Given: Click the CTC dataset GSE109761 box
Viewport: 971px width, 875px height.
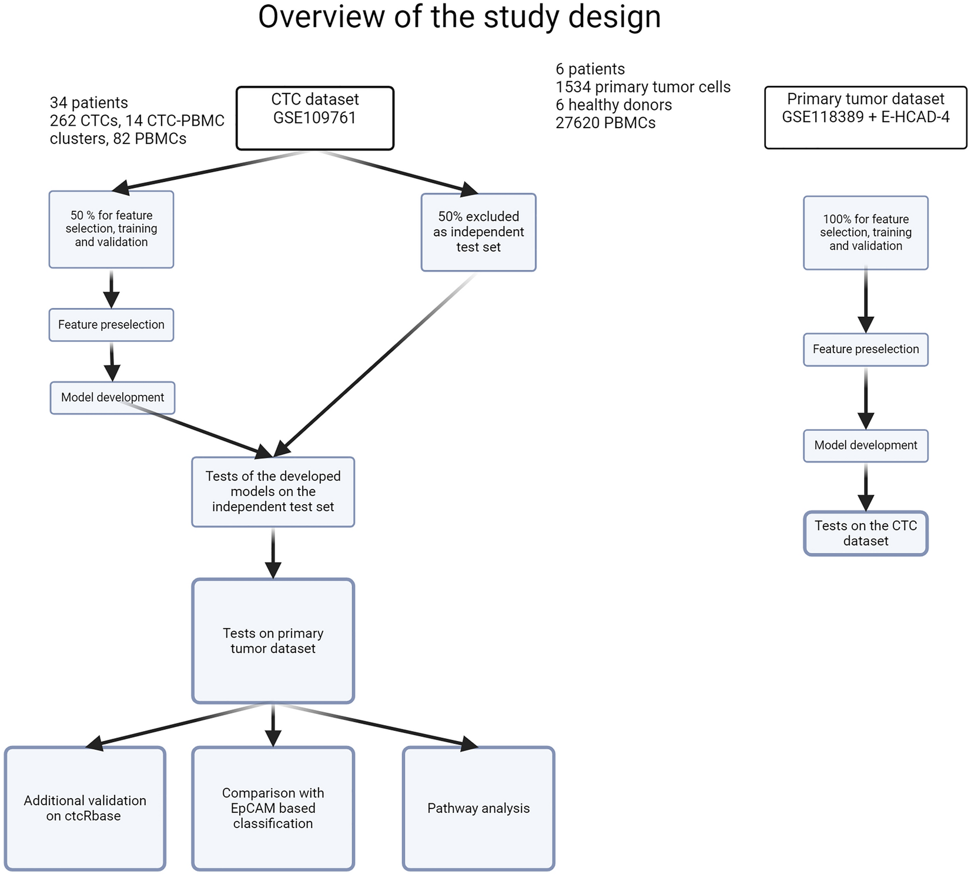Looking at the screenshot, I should pyautogui.click(x=314, y=118).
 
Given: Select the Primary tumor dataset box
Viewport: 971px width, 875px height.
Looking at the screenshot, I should pyautogui.click(x=865, y=118).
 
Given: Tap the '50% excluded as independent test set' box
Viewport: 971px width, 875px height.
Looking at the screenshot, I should pyautogui.click(x=478, y=232).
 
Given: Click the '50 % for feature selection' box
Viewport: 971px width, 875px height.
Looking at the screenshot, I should pyautogui.click(x=111, y=229).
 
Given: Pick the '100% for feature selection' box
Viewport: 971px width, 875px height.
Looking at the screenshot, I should pyautogui.click(x=865, y=233).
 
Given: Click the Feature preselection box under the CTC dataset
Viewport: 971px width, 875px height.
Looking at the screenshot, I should pyautogui.click(x=111, y=325).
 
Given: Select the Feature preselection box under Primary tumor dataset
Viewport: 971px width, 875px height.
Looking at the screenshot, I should pyautogui.click(x=865, y=350).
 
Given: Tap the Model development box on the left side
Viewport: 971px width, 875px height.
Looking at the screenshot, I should pyautogui.click(x=112, y=398).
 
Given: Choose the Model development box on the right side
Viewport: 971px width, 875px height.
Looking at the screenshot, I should pyautogui.click(x=865, y=445).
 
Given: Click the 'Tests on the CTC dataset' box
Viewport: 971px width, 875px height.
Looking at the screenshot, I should pyautogui.click(x=865, y=533).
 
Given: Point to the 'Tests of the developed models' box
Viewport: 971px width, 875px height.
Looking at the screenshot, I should pyautogui.click(x=273, y=492).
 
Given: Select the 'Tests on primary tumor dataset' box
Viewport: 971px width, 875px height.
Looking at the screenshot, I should pyautogui.click(x=273, y=641).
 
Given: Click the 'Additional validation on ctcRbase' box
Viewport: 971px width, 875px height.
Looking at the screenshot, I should pyautogui.click(x=85, y=808).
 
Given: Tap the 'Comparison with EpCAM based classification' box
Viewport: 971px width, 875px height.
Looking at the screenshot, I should pyautogui.click(x=273, y=808).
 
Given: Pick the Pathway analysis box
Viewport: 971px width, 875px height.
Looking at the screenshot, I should pyautogui.click(x=478, y=808).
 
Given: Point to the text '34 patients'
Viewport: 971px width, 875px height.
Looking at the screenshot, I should pyautogui.click(x=89, y=103).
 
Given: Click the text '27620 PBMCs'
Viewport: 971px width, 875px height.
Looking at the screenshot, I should pyautogui.click(x=605, y=123).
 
